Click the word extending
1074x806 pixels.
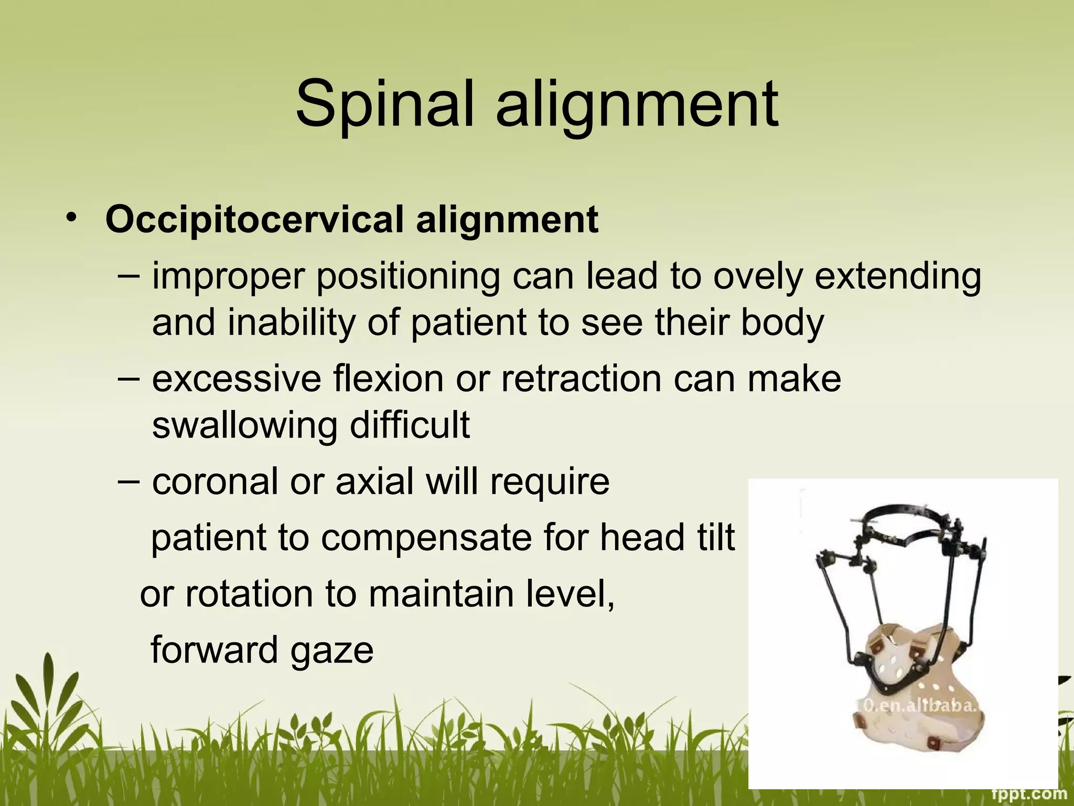pos(897,277)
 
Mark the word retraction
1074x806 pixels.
pos(581,378)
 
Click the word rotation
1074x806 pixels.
pos(249,594)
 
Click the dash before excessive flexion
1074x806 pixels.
pos(128,378)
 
